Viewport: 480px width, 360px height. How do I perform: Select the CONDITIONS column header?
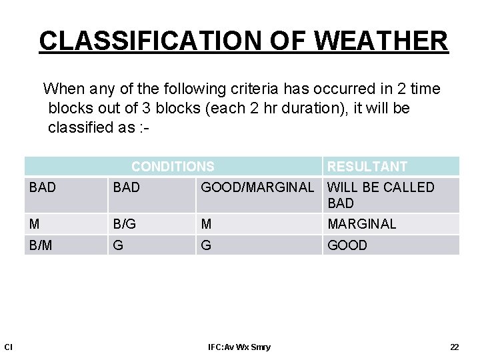[x=173, y=167]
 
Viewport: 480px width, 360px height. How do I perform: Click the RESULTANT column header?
[x=367, y=167]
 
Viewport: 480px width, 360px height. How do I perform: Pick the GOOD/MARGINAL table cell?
[x=257, y=188]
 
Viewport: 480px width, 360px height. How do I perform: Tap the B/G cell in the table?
[x=125, y=224]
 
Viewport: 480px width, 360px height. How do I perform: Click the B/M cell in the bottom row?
[x=41, y=245]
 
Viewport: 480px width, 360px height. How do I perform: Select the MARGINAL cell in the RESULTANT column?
[x=361, y=224]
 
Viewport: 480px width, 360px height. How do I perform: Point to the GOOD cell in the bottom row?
[x=347, y=245]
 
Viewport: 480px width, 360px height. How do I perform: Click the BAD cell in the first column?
[x=43, y=188]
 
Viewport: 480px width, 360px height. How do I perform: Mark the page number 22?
[x=455, y=347]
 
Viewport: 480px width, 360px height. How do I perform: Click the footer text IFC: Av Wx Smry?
[x=239, y=347]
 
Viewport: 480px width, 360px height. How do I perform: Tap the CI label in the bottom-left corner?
[x=9, y=347]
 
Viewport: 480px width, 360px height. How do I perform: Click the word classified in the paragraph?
[x=80, y=127]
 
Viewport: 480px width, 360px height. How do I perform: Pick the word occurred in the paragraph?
[x=329, y=89]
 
